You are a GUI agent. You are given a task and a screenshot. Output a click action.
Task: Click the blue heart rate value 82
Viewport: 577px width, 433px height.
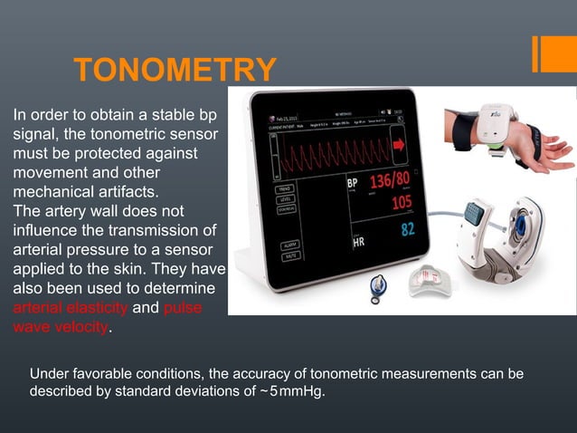(408, 229)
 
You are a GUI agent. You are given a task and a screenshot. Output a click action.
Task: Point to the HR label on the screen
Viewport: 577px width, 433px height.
(358, 243)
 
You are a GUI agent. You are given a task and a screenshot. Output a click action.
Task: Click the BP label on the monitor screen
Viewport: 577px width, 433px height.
(354, 184)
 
